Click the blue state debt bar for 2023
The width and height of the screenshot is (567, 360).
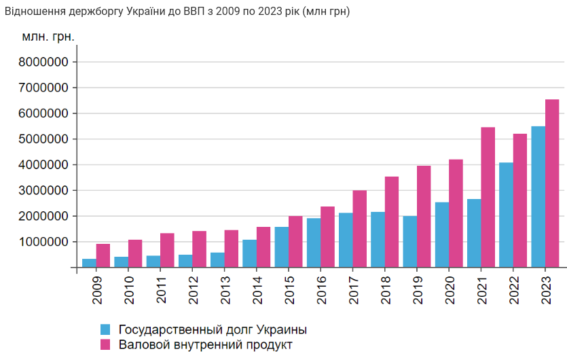pos(538,197)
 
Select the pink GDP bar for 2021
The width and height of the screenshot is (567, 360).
pos(488,197)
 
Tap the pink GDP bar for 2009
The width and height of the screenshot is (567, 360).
pos(103,255)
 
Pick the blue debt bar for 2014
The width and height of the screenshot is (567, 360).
pos(250,253)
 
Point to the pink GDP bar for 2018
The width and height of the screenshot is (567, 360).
pos(392,222)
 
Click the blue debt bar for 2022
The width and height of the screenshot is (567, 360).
pos(506,215)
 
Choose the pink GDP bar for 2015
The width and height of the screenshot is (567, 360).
pos(295,242)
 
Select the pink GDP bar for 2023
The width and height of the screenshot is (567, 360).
pos(552,183)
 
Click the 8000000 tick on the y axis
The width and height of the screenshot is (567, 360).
pos(44,62)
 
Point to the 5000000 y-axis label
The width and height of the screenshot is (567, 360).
pos(44,139)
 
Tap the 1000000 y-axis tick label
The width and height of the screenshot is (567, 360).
pos(44,242)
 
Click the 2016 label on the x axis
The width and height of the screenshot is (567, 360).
pos(320,289)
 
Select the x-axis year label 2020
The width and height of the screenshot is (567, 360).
pos(448,289)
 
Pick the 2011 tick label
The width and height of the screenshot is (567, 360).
pos(160,289)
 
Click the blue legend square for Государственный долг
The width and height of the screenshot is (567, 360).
pos(105,329)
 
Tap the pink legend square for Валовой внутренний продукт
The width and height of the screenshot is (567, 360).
pos(105,345)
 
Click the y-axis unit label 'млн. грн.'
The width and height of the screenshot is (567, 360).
pos(48,36)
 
